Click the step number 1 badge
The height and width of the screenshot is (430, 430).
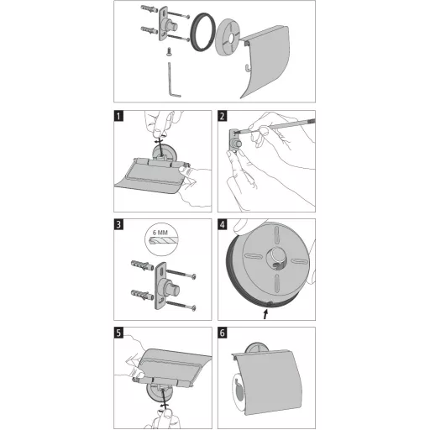click(x=118, y=116)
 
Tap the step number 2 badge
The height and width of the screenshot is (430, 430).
click(x=223, y=116)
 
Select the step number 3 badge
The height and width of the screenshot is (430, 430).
click(x=118, y=224)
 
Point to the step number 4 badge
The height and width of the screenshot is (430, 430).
click(x=223, y=224)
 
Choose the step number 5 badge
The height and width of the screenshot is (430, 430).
click(x=118, y=333)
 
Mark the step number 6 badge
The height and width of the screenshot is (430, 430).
click(x=223, y=333)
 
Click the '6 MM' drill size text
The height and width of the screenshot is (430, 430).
click(x=160, y=233)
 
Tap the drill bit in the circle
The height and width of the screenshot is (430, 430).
click(x=164, y=241)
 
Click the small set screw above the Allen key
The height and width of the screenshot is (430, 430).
click(x=169, y=52)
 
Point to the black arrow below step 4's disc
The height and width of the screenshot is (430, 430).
click(x=266, y=314)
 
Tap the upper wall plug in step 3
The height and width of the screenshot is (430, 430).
click(x=142, y=265)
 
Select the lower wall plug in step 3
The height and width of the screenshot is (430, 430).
click(x=142, y=295)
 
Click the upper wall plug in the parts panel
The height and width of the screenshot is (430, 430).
click(x=150, y=9)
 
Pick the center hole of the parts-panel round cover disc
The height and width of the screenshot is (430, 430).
click(x=230, y=39)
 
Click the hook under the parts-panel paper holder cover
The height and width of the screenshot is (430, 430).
click(x=246, y=67)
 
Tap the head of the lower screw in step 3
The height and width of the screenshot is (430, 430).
click(x=193, y=308)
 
